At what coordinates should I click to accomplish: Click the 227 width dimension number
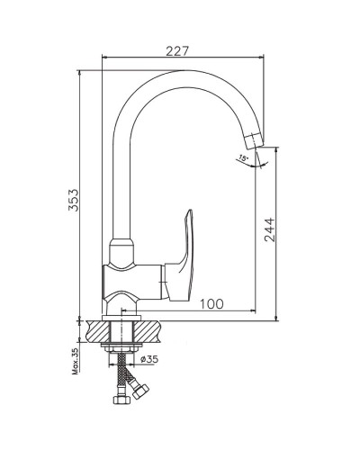(x=177, y=50)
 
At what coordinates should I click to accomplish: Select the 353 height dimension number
(x=73, y=200)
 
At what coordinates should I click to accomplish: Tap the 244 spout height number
(x=269, y=229)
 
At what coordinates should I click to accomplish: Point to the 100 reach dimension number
(x=211, y=304)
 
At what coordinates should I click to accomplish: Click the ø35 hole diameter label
(x=149, y=359)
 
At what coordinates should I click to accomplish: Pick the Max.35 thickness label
(x=75, y=361)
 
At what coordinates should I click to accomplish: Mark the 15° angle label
(x=242, y=157)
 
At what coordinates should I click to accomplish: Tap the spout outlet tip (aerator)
(x=254, y=141)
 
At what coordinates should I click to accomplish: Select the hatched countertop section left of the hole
(x=98, y=331)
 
